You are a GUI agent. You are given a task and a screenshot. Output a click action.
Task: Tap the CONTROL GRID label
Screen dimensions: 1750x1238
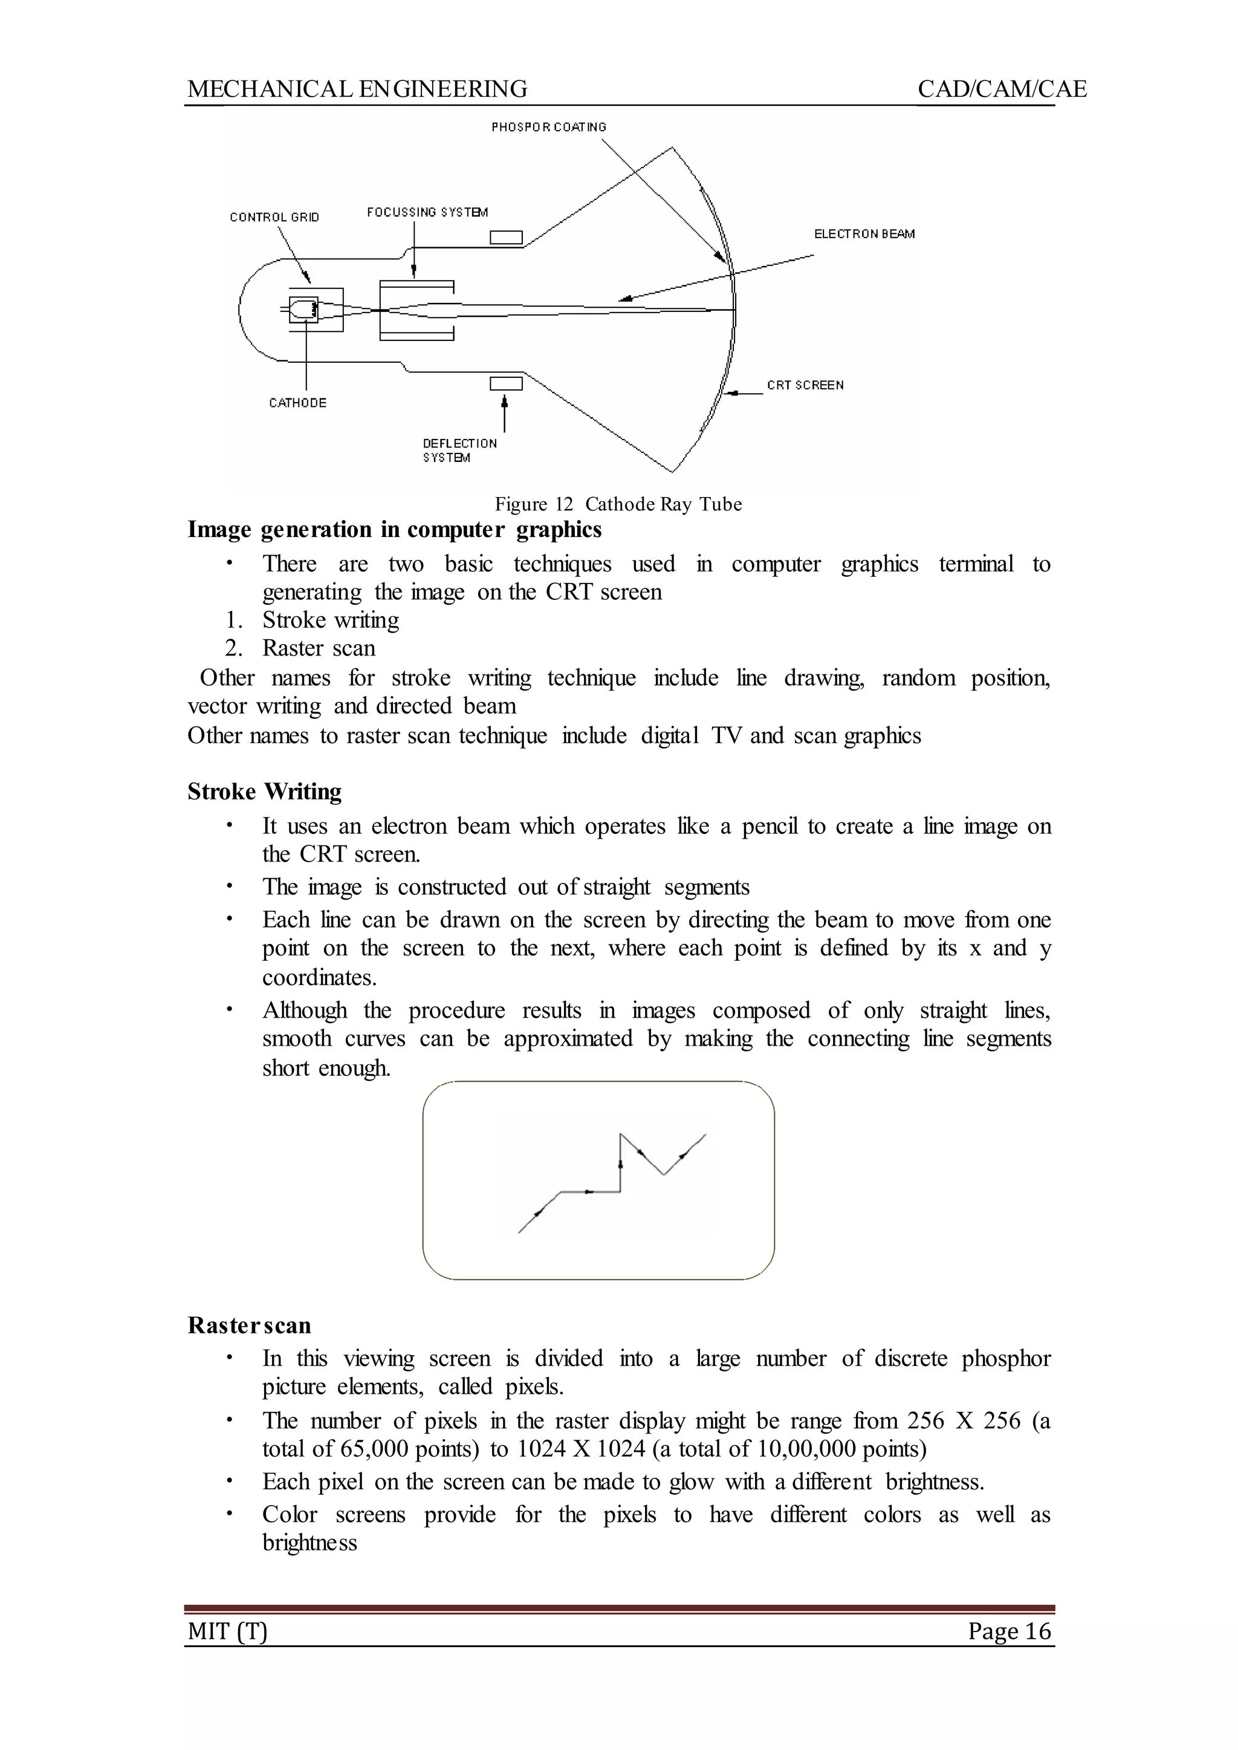274,217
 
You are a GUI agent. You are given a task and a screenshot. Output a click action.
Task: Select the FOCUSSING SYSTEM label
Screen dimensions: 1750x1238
427,212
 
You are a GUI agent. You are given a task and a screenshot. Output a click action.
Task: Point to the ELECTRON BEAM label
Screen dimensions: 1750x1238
864,234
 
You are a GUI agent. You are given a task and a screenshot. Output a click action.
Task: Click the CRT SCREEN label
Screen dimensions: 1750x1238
805,385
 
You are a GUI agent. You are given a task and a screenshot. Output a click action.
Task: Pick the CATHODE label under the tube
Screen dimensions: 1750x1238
297,403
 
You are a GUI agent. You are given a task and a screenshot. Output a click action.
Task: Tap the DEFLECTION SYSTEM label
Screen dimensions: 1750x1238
459,450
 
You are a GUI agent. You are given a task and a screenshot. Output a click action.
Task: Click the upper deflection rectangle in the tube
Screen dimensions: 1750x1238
505,238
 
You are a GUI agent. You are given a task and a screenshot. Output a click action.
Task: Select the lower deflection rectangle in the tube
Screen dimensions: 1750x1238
505,383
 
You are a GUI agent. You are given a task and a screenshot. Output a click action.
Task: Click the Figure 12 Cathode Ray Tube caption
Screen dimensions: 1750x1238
618,504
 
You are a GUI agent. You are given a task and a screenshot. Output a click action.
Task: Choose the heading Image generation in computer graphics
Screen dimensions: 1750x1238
394,529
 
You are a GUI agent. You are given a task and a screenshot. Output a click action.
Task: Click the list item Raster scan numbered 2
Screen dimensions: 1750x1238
319,648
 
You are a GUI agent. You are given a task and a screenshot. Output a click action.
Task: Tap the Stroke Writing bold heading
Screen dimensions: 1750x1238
265,792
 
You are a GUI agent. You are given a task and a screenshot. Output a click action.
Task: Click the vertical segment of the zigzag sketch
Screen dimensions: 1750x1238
621,1162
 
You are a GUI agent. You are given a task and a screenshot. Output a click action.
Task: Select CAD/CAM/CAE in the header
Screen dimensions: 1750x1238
1002,89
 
